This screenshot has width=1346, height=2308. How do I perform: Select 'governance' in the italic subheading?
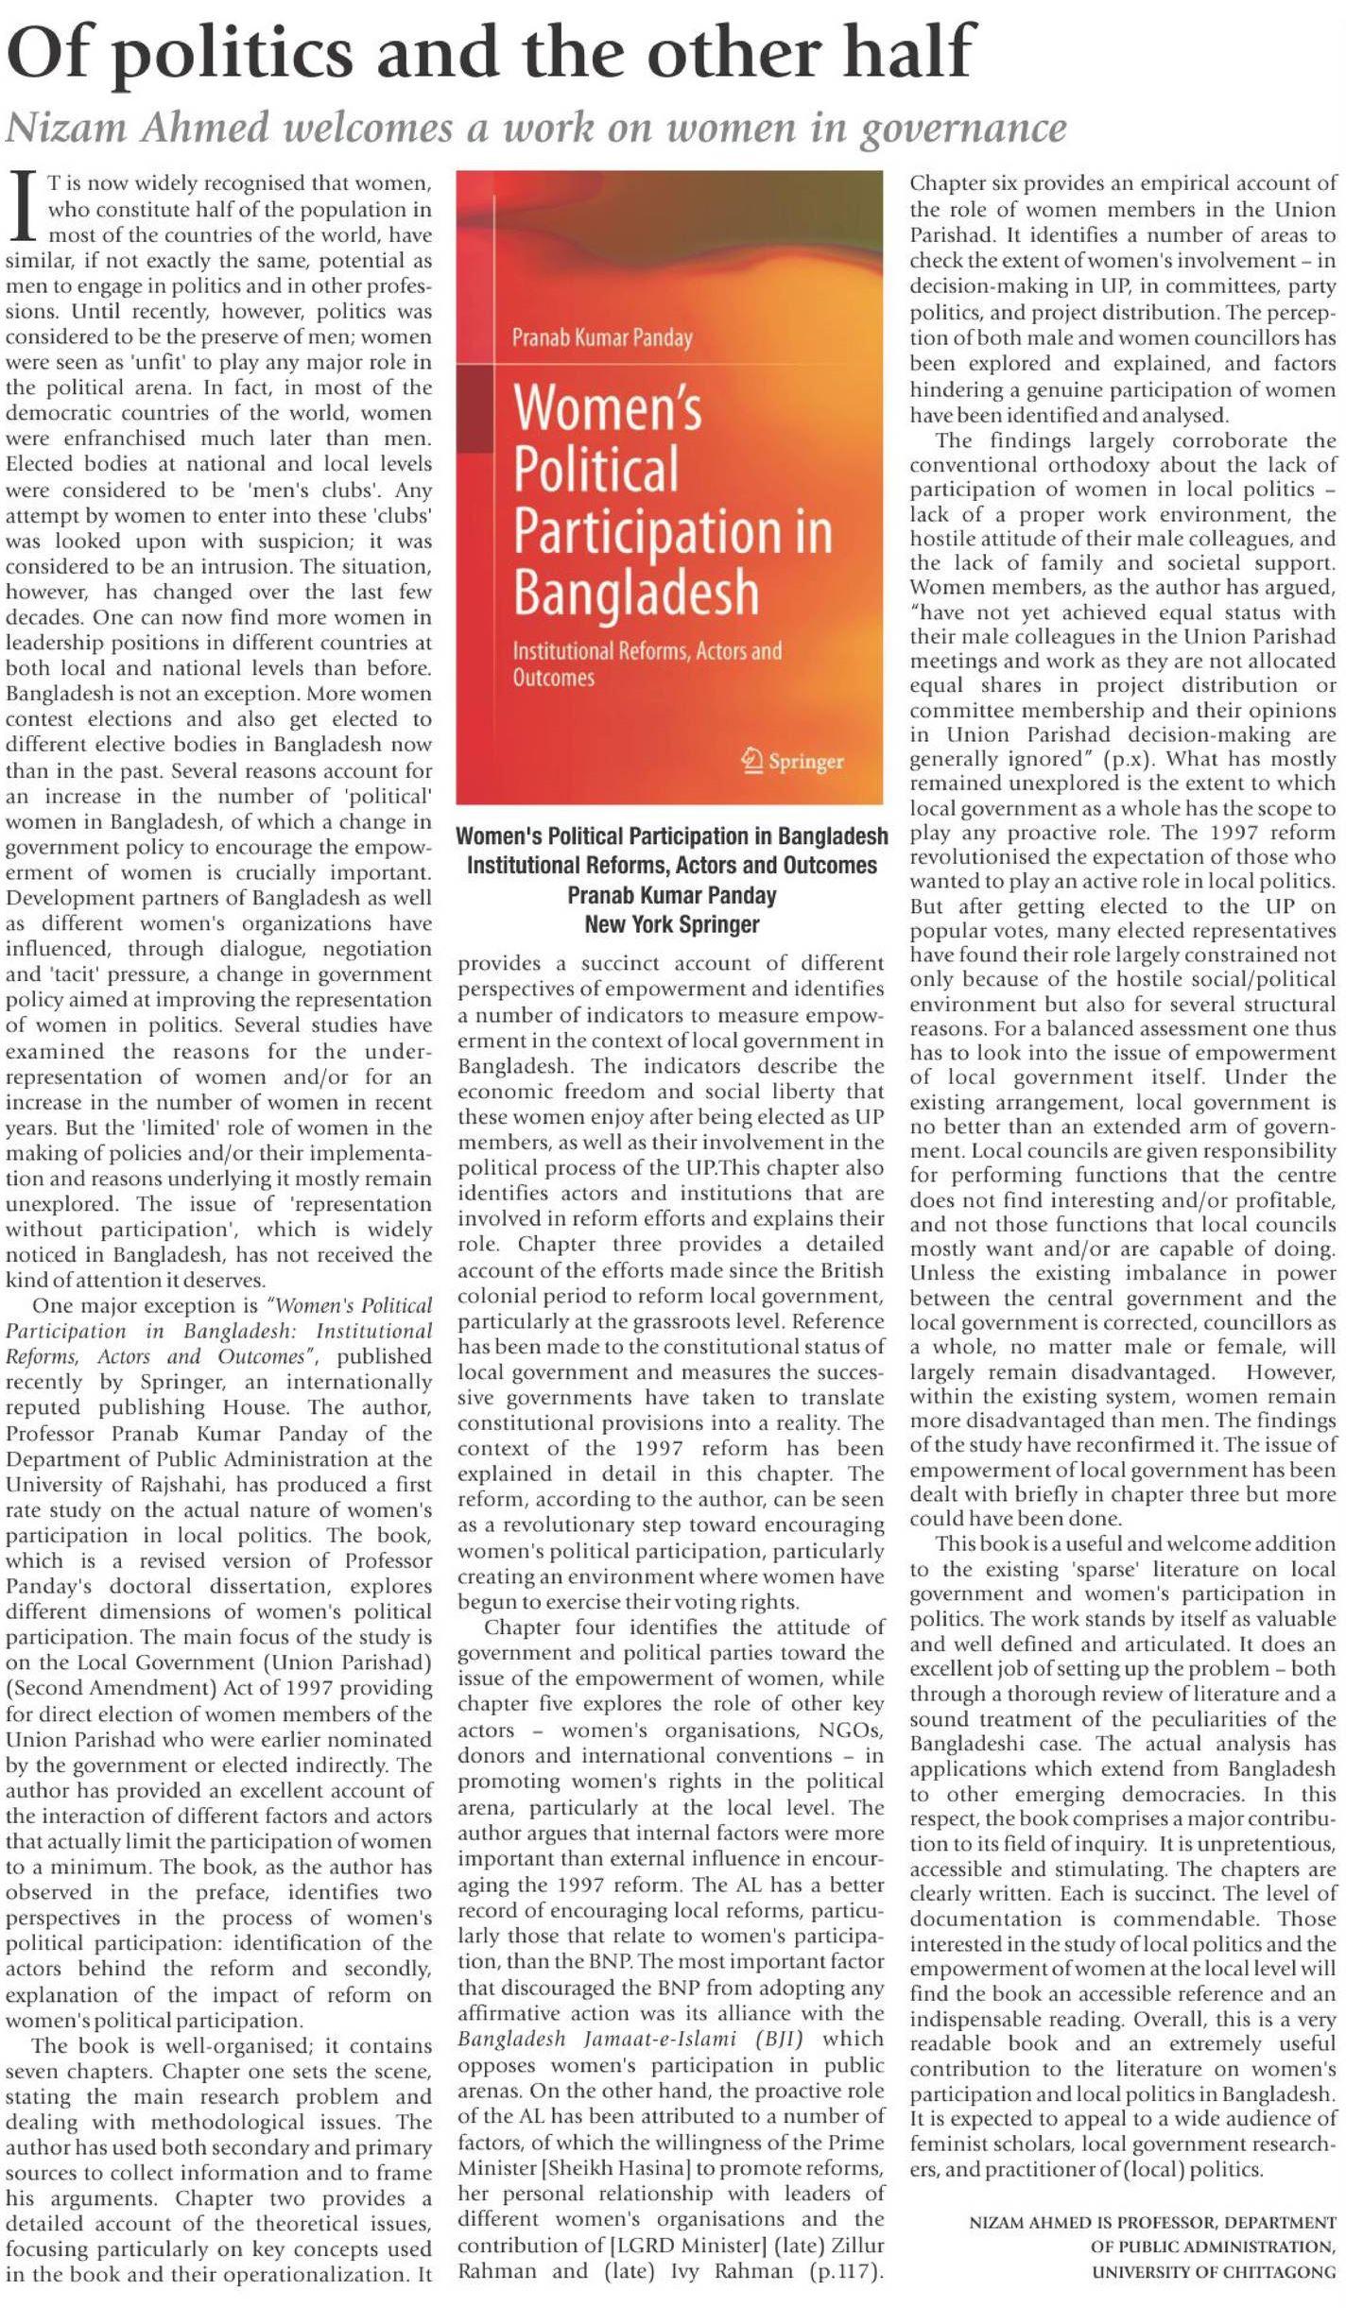(x=963, y=129)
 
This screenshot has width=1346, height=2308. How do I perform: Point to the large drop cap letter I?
(x=25, y=206)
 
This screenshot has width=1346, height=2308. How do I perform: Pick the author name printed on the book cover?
(x=601, y=337)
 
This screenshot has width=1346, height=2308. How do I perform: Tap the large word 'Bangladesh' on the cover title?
(x=635, y=593)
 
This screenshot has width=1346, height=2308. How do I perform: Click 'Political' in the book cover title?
(x=595, y=469)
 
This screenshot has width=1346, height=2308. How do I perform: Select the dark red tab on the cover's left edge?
(x=475, y=407)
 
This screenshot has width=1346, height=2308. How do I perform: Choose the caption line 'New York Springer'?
(x=671, y=924)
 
